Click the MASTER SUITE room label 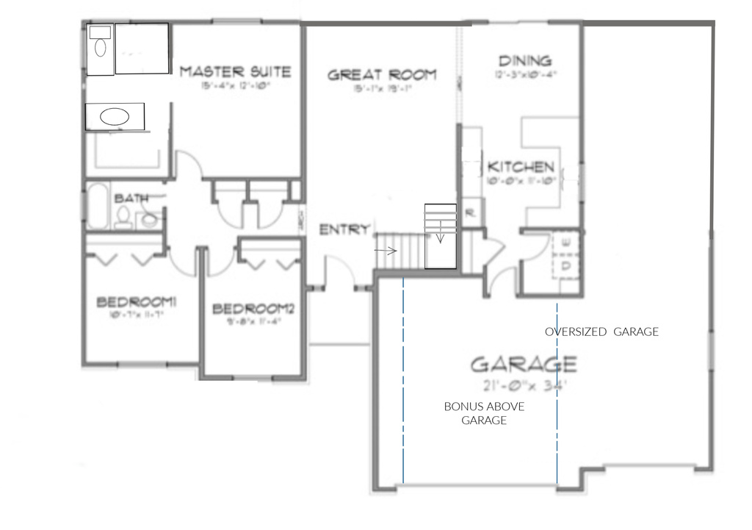click(235, 72)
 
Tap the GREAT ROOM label click(381, 74)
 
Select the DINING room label click(524, 61)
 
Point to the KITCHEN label click(521, 167)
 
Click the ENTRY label click(344, 229)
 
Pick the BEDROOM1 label click(137, 302)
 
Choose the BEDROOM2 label click(253, 309)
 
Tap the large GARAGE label click(523, 364)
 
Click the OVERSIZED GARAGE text click(601, 332)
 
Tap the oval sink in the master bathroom click(114, 116)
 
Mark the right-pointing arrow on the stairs click(388, 251)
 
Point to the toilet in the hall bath click(123, 216)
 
